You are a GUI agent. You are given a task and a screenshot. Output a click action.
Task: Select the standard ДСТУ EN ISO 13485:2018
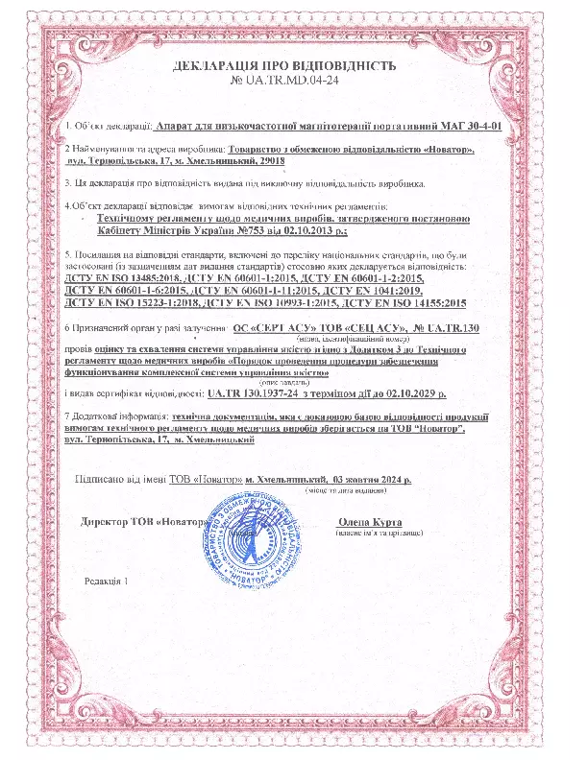click(x=118, y=276)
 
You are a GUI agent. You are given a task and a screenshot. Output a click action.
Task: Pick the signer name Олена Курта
click(x=369, y=522)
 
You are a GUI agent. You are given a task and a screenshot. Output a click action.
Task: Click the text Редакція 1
click(x=105, y=582)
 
